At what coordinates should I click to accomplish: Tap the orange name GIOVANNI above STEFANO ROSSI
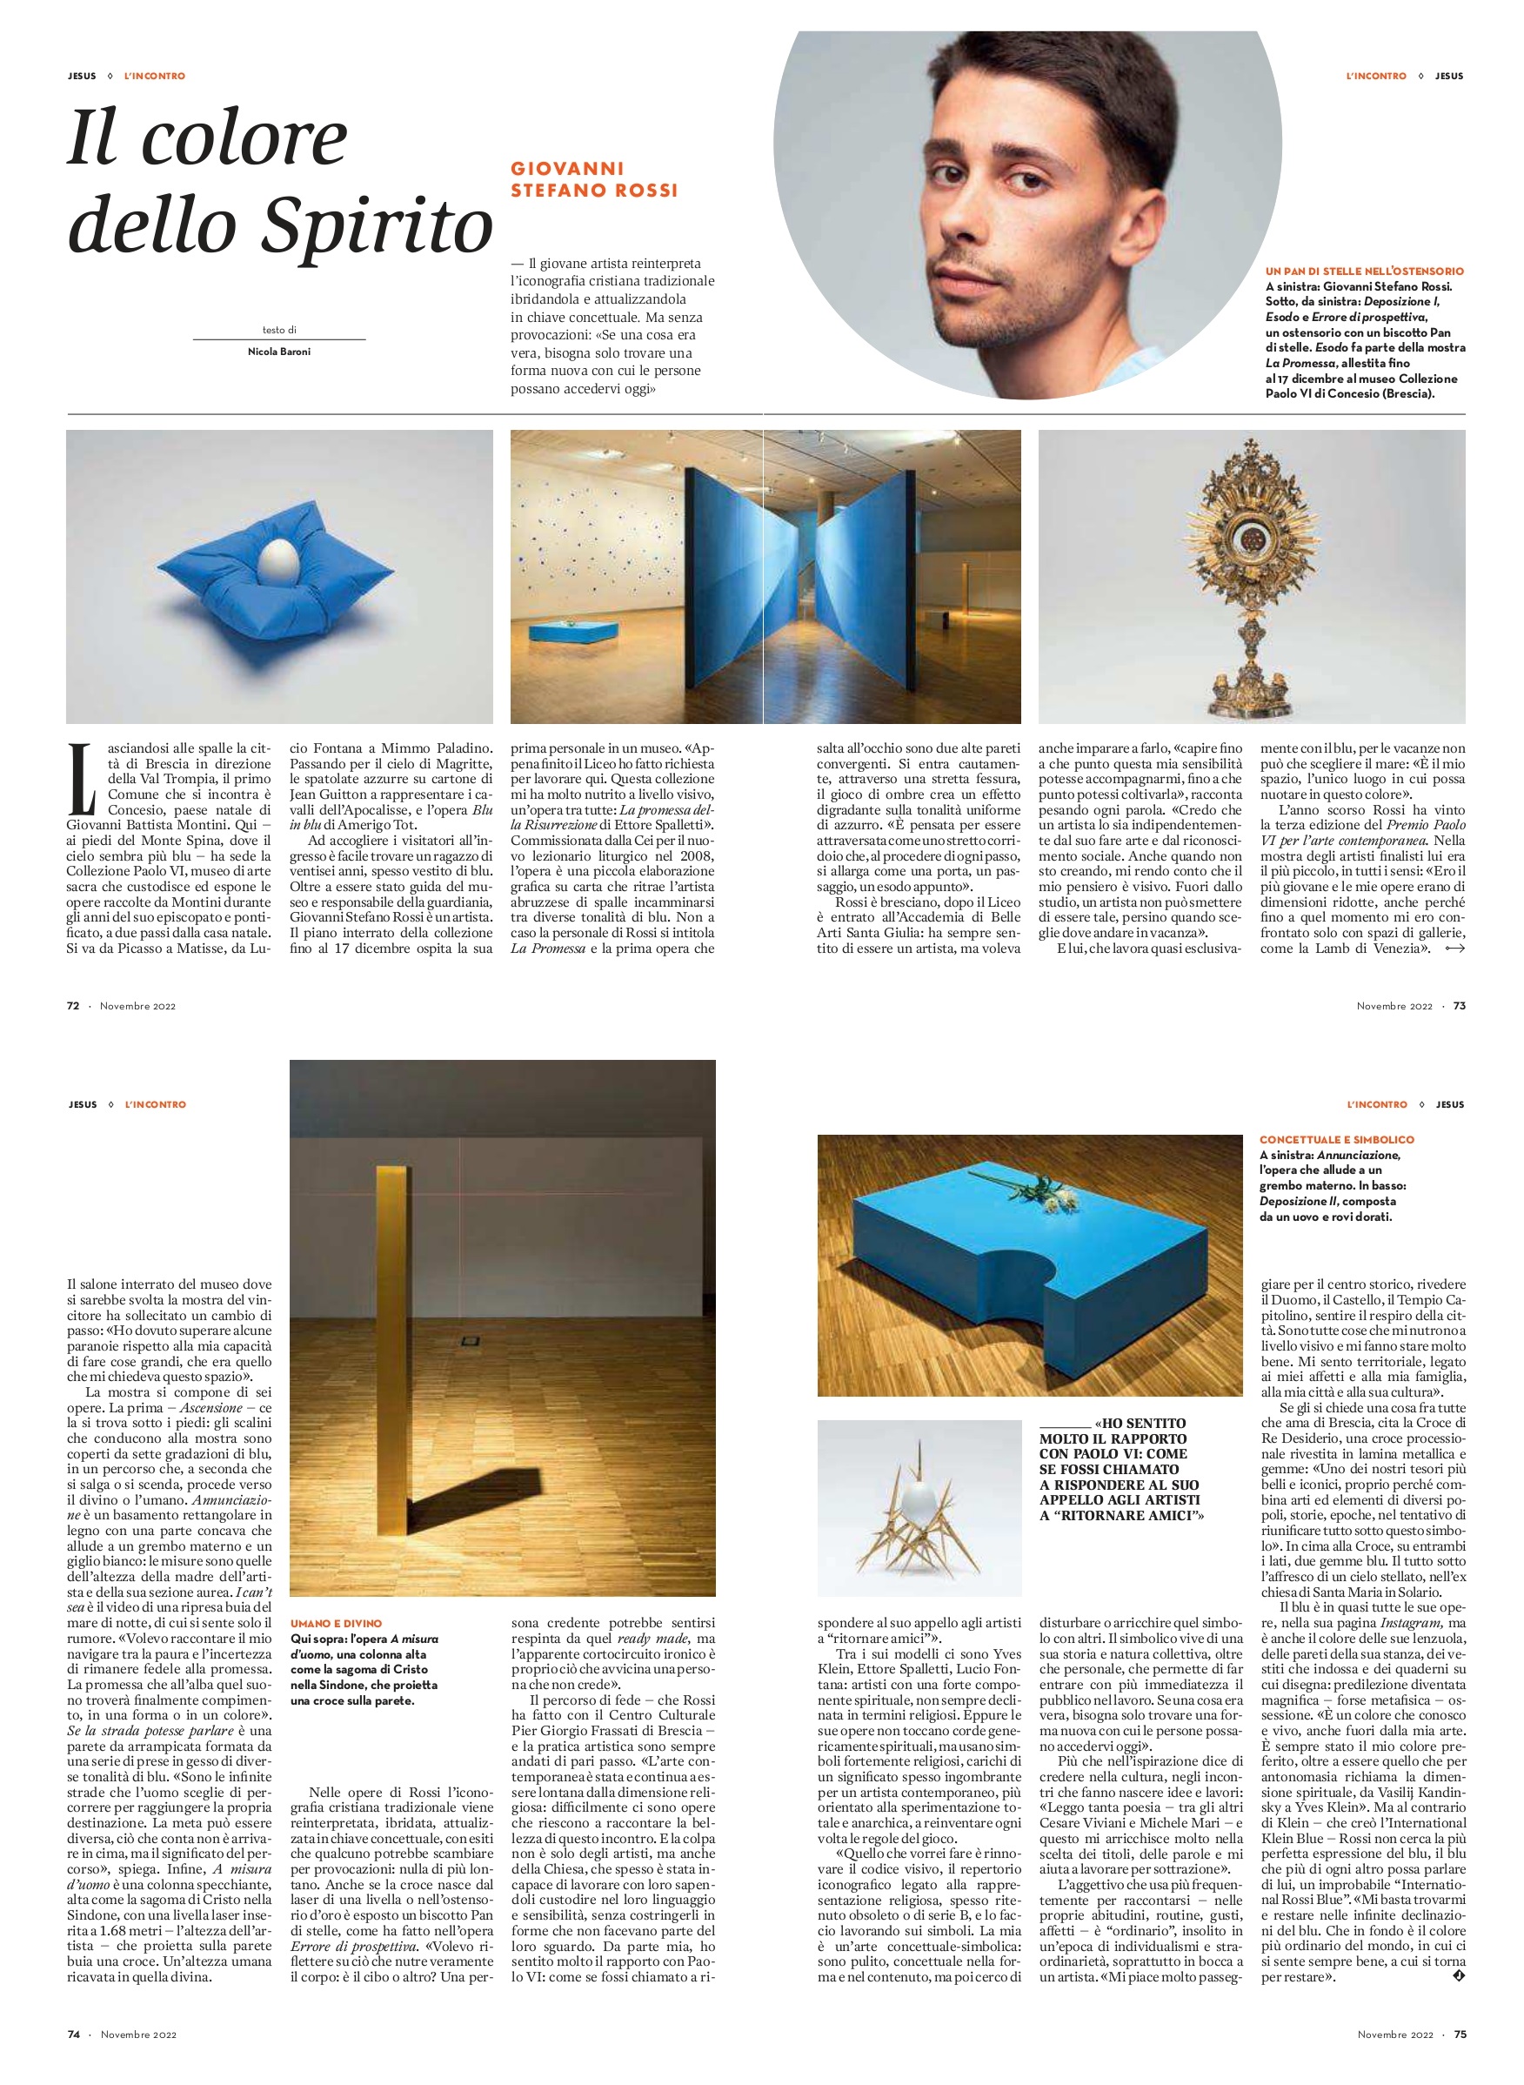[567, 169]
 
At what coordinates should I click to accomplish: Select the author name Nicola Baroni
[278, 352]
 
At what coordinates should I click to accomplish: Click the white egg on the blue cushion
[277, 563]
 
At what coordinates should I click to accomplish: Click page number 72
[73, 1006]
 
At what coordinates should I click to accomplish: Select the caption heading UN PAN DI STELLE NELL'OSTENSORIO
[1365, 272]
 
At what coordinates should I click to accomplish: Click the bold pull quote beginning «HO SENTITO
[1122, 1468]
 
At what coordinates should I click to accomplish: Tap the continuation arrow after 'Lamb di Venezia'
[1454, 949]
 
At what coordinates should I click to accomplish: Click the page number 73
[1460, 1006]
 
